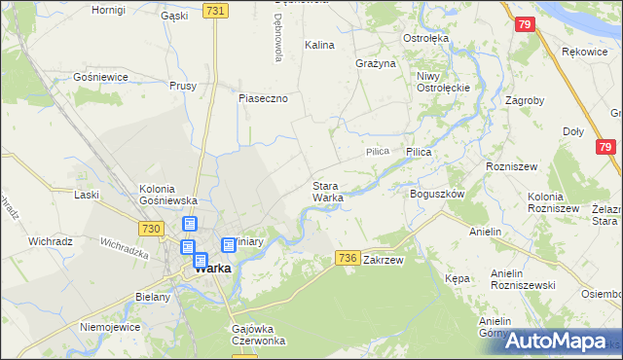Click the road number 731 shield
click(216, 11)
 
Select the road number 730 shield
click(150, 228)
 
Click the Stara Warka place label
click(327, 192)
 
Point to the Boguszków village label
click(437, 194)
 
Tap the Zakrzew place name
click(383, 261)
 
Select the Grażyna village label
click(376, 63)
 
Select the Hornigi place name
click(108, 10)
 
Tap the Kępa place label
click(457, 278)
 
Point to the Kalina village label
click(319, 45)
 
